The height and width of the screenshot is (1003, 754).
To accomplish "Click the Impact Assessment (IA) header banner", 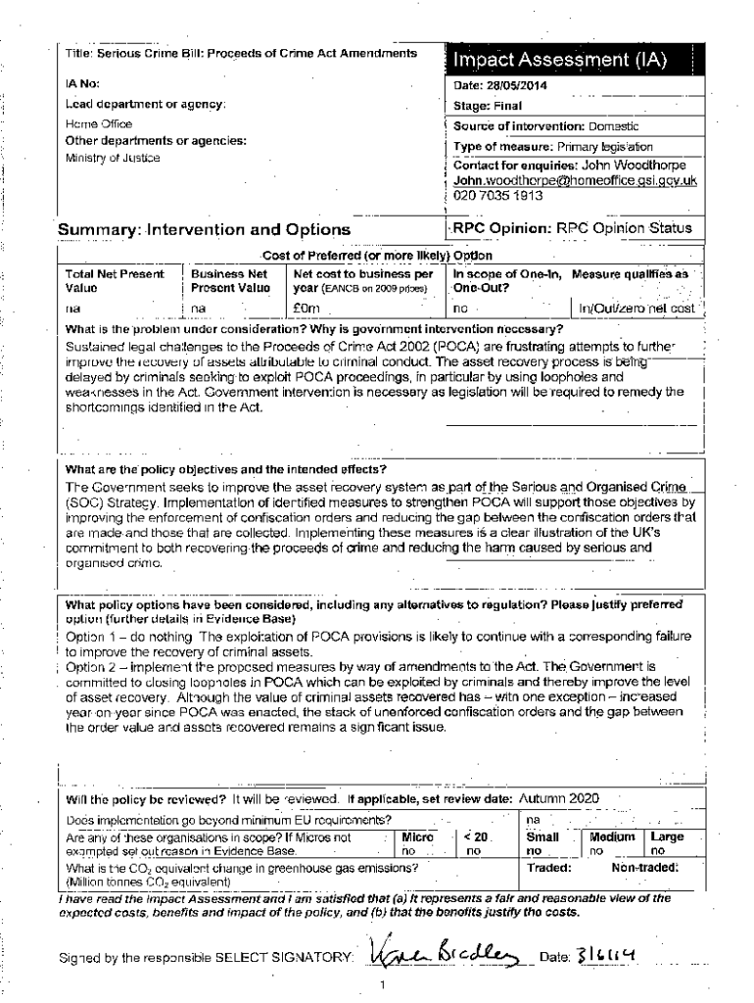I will [x=560, y=61].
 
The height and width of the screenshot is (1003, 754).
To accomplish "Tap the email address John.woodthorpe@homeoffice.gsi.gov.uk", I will [x=575, y=180].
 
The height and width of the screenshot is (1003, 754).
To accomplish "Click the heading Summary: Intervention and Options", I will [x=204, y=230].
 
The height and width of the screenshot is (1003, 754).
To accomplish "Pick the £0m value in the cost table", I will [x=306, y=308].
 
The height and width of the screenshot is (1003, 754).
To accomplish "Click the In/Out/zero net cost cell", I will [x=637, y=308].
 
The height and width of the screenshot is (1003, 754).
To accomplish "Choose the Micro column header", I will [x=418, y=837].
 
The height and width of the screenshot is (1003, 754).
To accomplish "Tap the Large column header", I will [x=668, y=837].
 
